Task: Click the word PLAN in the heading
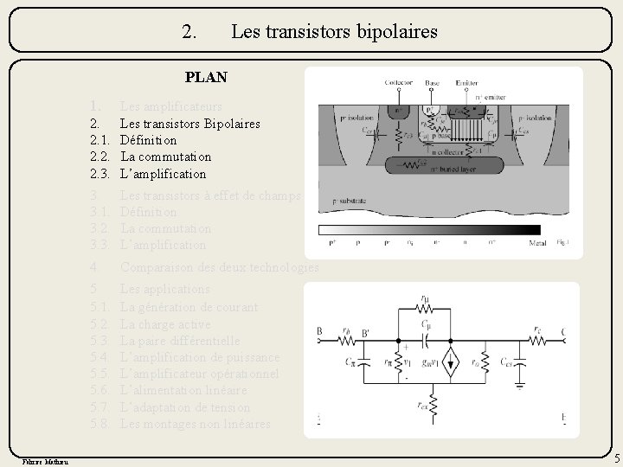[206, 77]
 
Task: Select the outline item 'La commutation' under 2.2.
[165, 157]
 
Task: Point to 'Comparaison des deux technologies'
[219, 267]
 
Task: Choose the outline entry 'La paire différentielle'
[179, 340]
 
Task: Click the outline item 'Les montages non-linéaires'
[195, 424]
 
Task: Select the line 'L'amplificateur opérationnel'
[199, 374]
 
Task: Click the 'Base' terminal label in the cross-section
[432, 83]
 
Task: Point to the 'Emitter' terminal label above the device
[466, 83]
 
